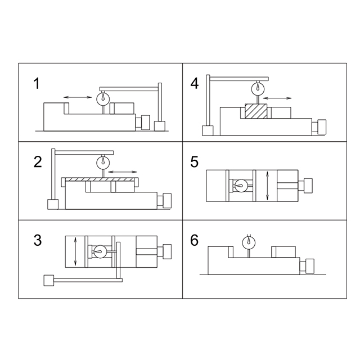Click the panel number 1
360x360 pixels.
[x=37, y=84]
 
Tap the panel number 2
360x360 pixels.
[x=38, y=162]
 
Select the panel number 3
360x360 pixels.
[x=38, y=240]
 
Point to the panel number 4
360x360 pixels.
[x=195, y=84]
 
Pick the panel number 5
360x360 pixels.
[x=194, y=162]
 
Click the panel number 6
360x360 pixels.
[x=194, y=240]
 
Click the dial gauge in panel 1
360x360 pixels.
[x=103, y=98]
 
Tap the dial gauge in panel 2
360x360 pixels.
[x=103, y=162]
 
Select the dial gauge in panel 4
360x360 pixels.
[x=258, y=88]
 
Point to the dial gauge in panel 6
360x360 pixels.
[x=249, y=242]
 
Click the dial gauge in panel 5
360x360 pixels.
[x=241, y=186]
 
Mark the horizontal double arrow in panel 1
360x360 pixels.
[x=78, y=97]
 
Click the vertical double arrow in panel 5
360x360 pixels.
[x=267, y=186]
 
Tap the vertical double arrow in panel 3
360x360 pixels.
[x=75, y=251]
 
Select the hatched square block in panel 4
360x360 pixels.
[x=256, y=111]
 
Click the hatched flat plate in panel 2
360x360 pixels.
[x=100, y=179]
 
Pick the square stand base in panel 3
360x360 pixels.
[x=49, y=280]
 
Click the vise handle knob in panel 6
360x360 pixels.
[x=310, y=266]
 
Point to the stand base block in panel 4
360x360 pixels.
[x=208, y=130]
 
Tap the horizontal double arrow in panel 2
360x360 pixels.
[x=123, y=172]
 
